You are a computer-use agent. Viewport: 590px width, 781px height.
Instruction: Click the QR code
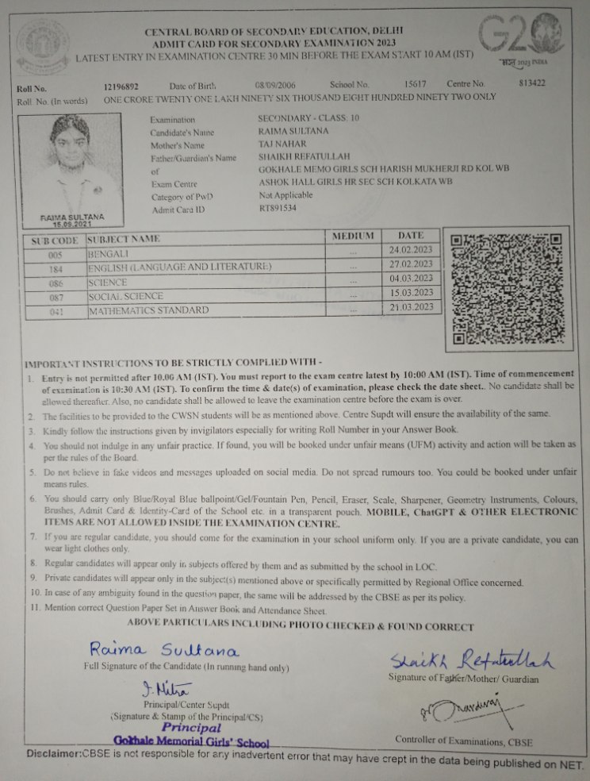click(x=505, y=290)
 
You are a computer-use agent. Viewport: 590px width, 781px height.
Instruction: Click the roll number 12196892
click(x=121, y=85)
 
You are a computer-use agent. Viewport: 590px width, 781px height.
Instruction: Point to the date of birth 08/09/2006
click(x=275, y=84)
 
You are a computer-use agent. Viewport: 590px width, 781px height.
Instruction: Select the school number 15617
click(x=415, y=83)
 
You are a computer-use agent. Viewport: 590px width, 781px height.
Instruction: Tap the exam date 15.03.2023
click(x=410, y=293)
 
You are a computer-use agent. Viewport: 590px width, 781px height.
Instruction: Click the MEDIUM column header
click(x=353, y=237)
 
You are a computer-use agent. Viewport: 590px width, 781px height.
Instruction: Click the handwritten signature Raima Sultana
click(x=163, y=651)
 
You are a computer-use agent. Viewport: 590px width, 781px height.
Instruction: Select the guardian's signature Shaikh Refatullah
click(x=471, y=658)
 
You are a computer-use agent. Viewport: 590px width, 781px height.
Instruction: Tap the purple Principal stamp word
click(x=191, y=726)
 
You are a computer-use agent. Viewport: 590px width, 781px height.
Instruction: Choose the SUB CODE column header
click(x=55, y=239)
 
